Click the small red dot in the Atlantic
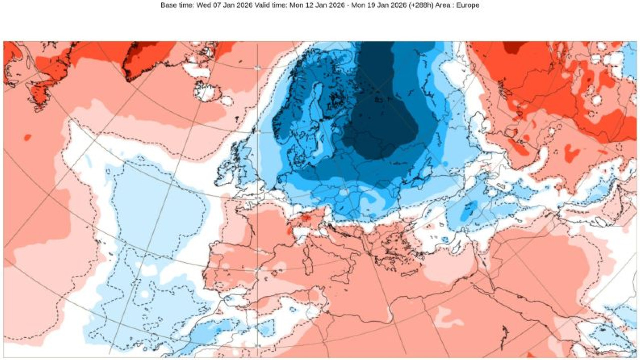point(27,137)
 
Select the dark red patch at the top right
point(513,47)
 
